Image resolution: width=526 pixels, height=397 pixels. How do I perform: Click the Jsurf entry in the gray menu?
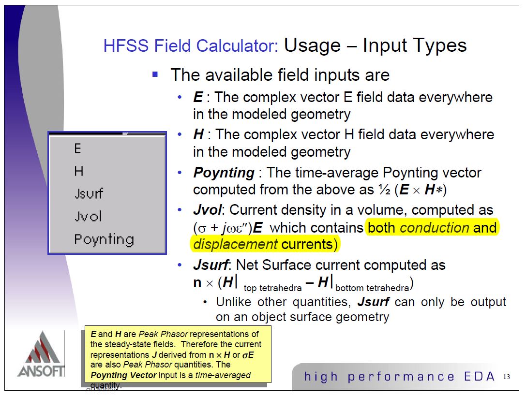click(x=89, y=193)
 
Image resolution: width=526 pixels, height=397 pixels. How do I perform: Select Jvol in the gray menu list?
click(x=88, y=216)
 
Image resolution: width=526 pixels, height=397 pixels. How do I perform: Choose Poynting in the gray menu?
click(x=104, y=239)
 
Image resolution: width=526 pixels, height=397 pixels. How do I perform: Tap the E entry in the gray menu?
click(x=77, y=148)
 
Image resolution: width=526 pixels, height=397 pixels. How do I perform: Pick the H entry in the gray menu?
click(x=78, y=171)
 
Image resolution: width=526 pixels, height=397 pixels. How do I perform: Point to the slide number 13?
click(x=507, y=377)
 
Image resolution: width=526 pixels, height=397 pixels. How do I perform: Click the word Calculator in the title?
click(x=237, y=45)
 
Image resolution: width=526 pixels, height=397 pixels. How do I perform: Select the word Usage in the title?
click(x=312, y=45)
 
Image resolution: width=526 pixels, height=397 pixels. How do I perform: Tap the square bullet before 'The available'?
click(x=155, y=74)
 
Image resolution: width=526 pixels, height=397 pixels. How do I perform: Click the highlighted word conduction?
click(x=435, y=228)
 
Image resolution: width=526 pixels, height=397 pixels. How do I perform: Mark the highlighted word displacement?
click(x=236, y=244)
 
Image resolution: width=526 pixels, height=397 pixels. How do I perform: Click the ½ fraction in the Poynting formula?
click(x=384, y=190)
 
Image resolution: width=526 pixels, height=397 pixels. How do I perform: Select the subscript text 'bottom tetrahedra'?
click(x=372, y=288)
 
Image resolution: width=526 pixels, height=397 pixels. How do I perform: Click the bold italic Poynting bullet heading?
click(x=224, y=173)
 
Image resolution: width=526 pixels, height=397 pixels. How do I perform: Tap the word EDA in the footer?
click(x=480, y=377)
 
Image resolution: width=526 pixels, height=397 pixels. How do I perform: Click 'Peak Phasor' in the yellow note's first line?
click(x=164, y=334)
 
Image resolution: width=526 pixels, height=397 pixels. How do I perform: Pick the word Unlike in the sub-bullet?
click(x=233, y=302)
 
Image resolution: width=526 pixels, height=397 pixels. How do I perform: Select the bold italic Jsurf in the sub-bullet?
click(x=373, y=302)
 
